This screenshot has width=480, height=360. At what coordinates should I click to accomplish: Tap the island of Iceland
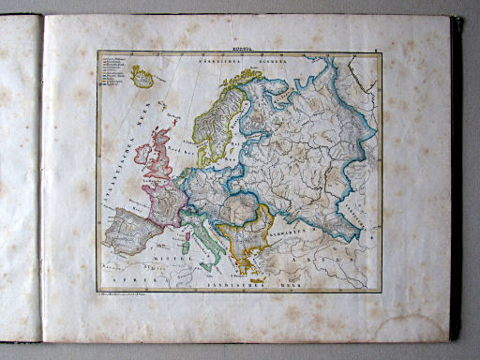tap(142, 75)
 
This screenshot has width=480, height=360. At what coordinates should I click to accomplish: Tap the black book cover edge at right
tap(457, 178)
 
